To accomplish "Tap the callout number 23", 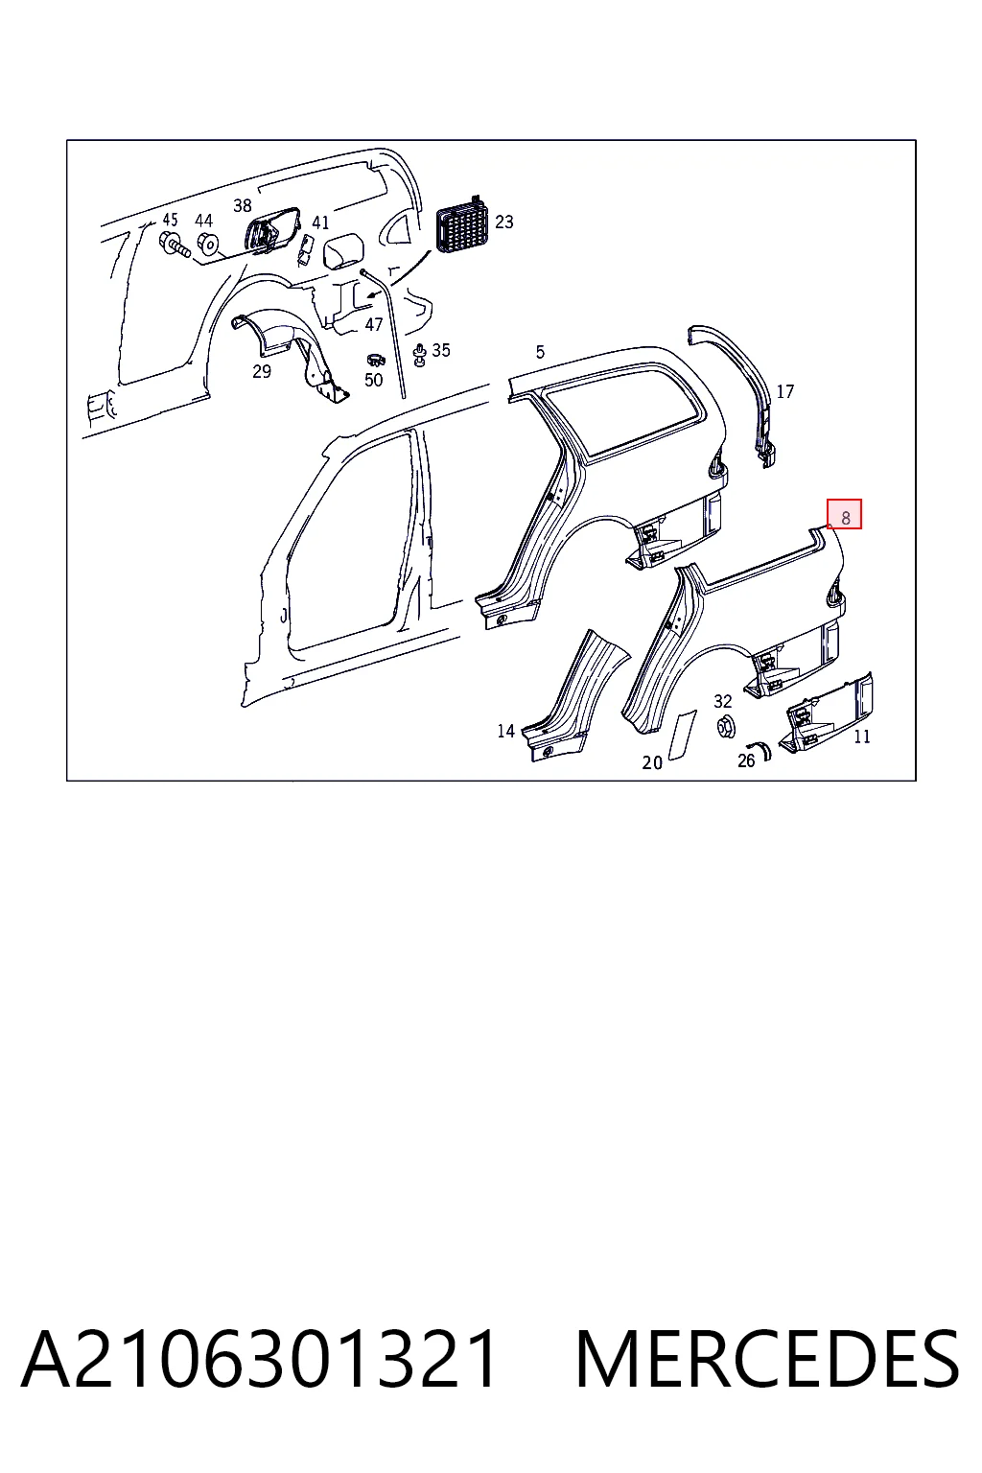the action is pyautogui.click(x=503, y=222).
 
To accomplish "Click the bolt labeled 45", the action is pyautogui.click(x=175, y=245).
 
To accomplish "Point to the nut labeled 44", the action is pyautogui.click(x=207, y=244).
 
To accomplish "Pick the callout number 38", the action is pyautogui.click(x=242, y=206).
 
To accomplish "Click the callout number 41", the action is pyautogui.click(x=320, y=222).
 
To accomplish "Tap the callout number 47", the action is pyautogui.click(x=374, y=324).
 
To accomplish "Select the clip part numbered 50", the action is pyautogui.click(x=376, y=360).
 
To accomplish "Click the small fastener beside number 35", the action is pyautogui.click(x=420, y=355).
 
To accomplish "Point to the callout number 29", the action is pyautogui.click(x=262, y=371).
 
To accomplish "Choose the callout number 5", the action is pyautogui.click(x=540, y=352).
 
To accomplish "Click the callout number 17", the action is pyautogui.click(x=784, y=392).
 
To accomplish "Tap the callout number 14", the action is pyautogui.click(x=505, y=731).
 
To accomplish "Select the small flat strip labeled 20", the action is pyautogui.click(x=682, y=734).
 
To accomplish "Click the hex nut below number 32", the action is pyautogui.click(x=726, y=726).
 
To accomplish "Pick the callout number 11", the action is pyautogui.click(x=861, y=736).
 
